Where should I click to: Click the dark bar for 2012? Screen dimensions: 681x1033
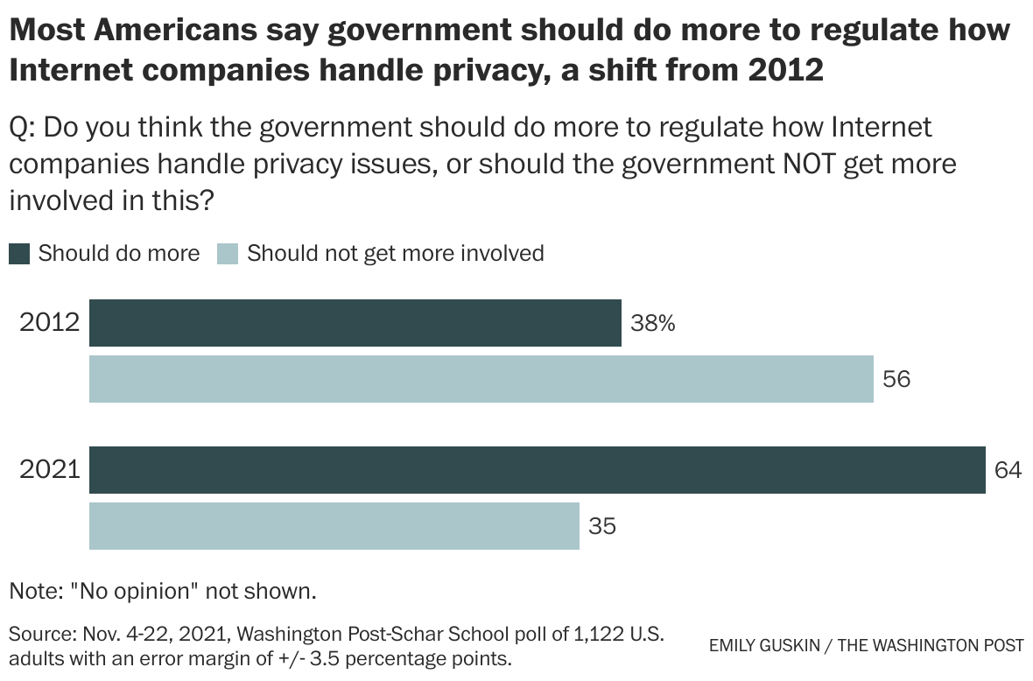pos(355,323)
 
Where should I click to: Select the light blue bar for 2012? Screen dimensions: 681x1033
pos(481,379)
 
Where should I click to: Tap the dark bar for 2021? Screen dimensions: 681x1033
pos(537,470)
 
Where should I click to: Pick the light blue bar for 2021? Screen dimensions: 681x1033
pos(334,526)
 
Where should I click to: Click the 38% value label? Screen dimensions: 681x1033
pos(653,324)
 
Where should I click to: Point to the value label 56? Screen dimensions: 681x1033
pos(896,379)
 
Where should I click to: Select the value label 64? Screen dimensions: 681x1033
pos(1008,470)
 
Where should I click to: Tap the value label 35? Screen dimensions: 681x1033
pos(602,526)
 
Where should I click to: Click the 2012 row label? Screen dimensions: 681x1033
pos(49,323)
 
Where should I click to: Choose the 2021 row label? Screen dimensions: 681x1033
pos(49,470)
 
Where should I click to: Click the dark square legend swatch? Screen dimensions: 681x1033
pos(19,255)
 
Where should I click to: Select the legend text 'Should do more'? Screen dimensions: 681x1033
pos(119,254)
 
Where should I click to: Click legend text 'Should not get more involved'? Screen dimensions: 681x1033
pos(396,254)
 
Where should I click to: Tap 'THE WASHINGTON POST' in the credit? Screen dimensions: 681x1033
pos(931,646)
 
